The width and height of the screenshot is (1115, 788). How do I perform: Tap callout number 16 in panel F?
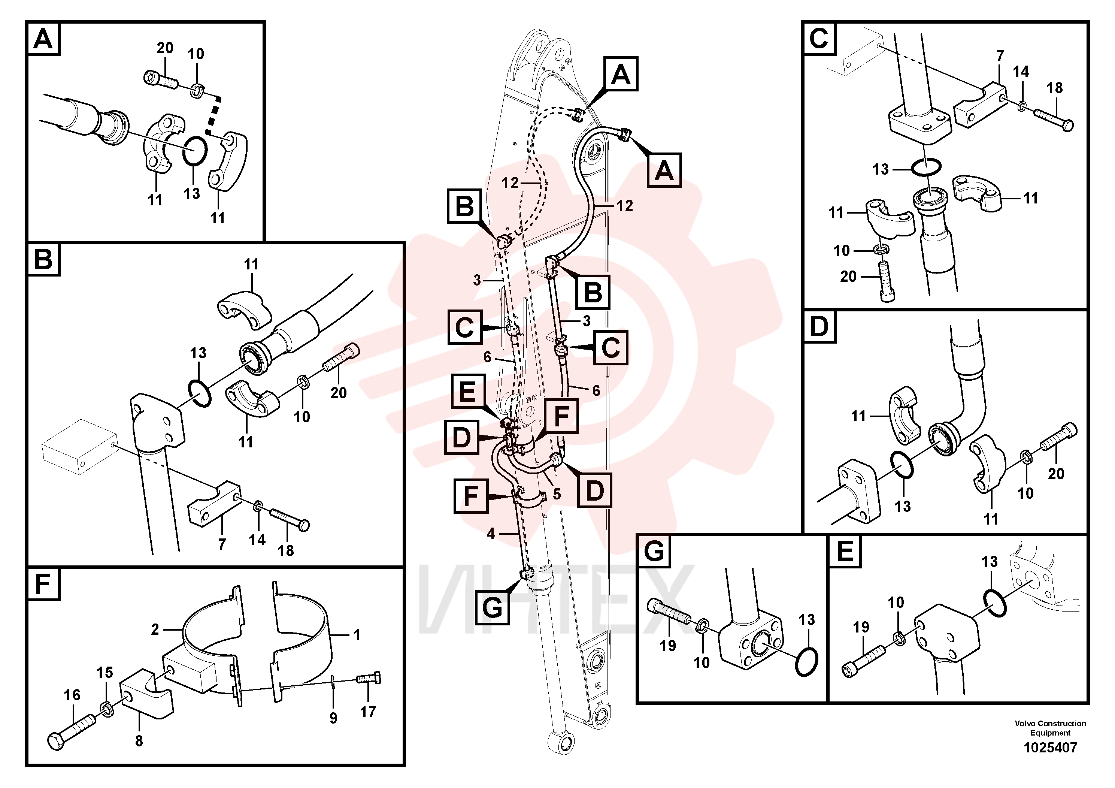[x=72, y=695]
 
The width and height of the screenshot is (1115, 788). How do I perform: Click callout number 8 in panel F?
[x=139, y=741]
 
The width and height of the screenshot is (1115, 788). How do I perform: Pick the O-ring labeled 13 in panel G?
[x=807, y=660]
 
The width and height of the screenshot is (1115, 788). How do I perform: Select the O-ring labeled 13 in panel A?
[x=195, y=151]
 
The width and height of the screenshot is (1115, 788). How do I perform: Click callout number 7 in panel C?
[x=1000, y=56]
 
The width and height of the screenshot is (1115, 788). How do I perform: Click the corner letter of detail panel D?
[x=819, y=326]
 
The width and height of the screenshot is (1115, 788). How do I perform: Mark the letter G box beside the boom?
[x=493, y=608]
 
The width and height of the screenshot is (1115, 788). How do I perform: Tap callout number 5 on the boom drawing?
[x=557, y=494]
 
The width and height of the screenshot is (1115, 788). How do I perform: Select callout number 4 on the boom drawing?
[x=491, y=534]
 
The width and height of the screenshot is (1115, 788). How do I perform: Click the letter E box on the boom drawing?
[x=468, y=391]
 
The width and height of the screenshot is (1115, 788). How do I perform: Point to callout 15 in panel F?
[x=104, y=673]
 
